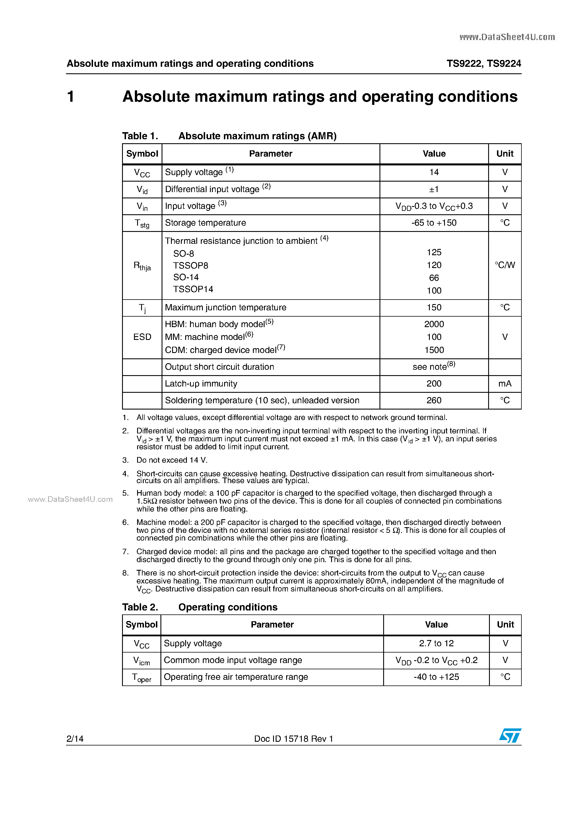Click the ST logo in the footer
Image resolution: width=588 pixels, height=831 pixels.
[510, 736]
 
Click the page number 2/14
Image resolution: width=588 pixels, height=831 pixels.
[75, 739]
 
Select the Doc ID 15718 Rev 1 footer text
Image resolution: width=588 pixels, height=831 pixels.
[294, 739]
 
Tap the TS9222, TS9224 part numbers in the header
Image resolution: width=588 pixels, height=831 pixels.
[484, 64]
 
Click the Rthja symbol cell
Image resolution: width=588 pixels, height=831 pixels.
[142, 266]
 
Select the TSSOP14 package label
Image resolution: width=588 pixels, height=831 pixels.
[193, 289]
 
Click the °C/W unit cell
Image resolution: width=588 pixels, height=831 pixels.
[505, 265]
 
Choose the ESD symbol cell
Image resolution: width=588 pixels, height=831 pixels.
[142, 337]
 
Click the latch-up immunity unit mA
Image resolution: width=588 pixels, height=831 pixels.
[505, 384]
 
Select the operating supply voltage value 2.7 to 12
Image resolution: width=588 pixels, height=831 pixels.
[436, 643]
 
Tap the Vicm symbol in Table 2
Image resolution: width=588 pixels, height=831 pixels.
[141, 660]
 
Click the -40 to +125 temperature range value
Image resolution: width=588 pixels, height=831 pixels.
[436, 677]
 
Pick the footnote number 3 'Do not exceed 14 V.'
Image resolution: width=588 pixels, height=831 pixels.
[172, 460]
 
